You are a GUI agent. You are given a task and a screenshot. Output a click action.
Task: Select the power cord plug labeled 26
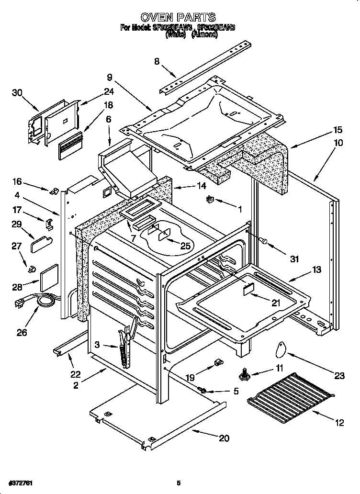tap(22, 303)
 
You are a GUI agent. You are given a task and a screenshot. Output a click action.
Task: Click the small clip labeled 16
tap(54, 191)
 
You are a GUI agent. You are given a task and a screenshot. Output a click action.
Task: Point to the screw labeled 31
tap(263, 241)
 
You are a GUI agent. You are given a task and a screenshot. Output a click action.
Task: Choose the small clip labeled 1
tap(210, 199)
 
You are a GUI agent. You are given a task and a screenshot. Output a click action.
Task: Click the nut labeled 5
tap(203, 391)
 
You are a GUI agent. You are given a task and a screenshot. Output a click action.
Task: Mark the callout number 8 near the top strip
tap(157, 61)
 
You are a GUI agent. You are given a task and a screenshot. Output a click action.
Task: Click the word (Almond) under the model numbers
tap(204, 35)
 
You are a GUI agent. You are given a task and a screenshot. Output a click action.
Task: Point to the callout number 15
tap(337, 130)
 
